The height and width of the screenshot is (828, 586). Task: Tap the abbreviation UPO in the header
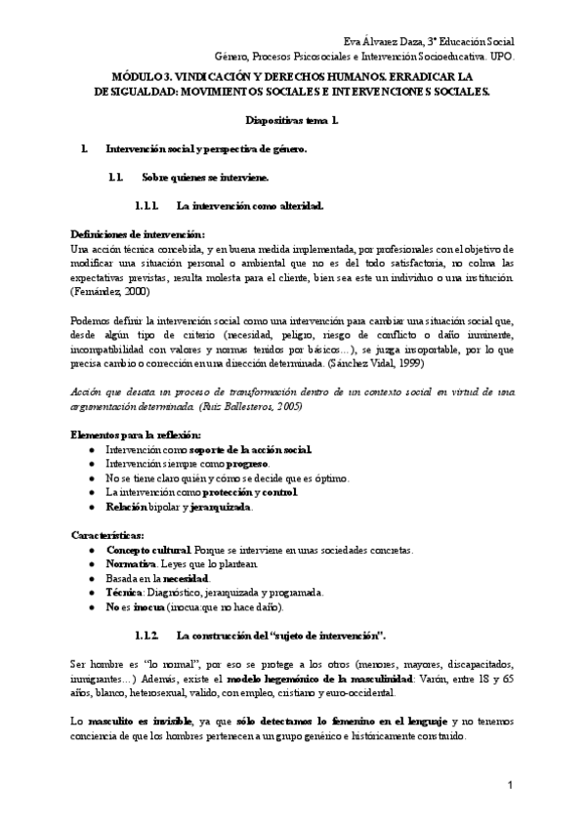click(500, 57)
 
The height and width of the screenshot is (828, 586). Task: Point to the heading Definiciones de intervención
click(138, 234)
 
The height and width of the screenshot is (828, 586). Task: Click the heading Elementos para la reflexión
click(137, 434)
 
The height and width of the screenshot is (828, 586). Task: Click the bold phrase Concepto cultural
click(148, 550)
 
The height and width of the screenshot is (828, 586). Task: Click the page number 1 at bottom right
click(511, 787)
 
